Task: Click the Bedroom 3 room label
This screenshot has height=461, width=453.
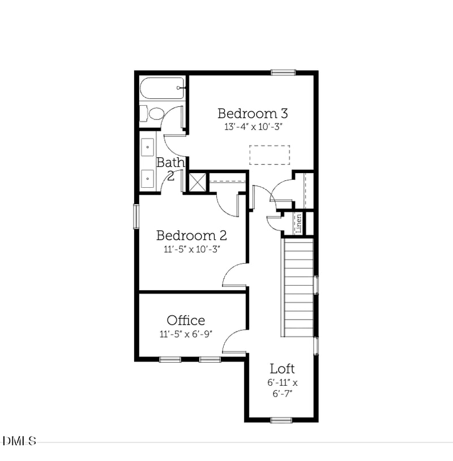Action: [x=249, y=113]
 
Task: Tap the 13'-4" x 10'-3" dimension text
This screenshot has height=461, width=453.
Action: [x=253, y=127]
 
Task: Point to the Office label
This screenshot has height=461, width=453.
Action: [x=186, y=320]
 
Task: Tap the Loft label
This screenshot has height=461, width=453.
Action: [x=282, y=369]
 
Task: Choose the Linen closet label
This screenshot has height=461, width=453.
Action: [x=298, y=223]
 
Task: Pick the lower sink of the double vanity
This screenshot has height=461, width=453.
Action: [x=148, y=179]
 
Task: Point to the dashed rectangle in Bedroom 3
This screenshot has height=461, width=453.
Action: [x=270, y=155]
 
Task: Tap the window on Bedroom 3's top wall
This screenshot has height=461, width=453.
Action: [x=283, y=72]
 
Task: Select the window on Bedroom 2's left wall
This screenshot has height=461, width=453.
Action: [x=136, y=216]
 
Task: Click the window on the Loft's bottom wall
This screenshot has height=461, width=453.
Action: [x=281, y=420]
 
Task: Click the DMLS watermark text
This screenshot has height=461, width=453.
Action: [x=19, y=441]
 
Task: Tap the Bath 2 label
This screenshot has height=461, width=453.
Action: [x=170, y=168]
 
